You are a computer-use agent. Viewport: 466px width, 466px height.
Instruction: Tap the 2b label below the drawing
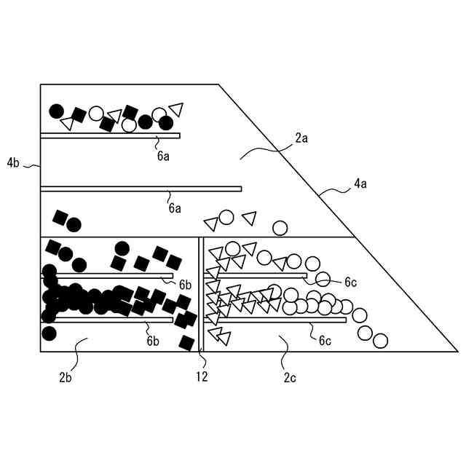(66, 376)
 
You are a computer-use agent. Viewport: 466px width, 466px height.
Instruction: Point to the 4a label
(360, 185)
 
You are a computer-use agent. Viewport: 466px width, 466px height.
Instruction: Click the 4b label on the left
(13, 163)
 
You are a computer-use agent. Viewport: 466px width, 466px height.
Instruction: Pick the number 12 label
(202, 376)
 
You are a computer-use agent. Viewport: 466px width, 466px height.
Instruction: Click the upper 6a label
(163, 155)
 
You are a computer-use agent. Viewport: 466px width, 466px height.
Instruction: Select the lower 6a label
(175, 208)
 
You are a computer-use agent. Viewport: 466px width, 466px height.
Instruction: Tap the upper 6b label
(185, 285)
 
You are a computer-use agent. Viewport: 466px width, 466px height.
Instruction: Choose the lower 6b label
(153, 340)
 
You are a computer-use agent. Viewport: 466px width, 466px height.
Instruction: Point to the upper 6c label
(350, 282)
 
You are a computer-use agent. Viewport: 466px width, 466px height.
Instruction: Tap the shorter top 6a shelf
(110, 135)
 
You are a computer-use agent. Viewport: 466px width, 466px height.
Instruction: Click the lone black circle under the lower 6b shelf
(49, 333)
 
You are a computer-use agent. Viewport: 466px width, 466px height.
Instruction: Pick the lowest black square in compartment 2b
(186, 342)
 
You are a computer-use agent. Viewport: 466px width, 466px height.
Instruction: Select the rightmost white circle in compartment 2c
(380, 340)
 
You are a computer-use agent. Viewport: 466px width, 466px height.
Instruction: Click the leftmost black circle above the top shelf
(56, 111)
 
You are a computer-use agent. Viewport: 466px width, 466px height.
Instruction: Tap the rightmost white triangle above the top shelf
(175, 109)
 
